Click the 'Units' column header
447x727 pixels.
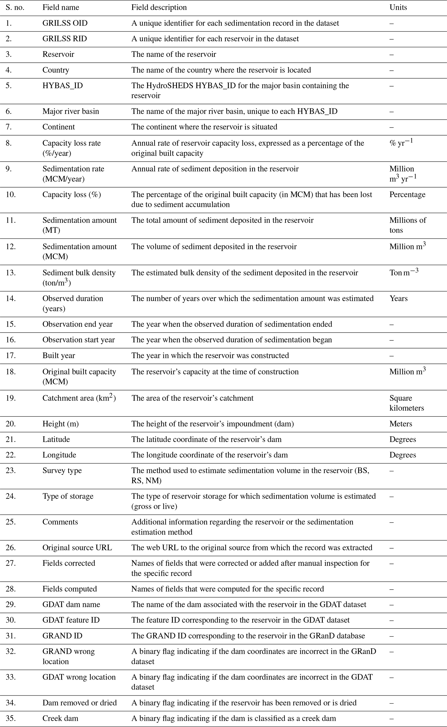(x=398, y=7)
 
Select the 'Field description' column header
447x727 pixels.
(x=159, y=7)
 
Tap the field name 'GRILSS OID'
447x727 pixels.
(x=65, y=23)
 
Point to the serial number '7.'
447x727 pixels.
(x=9, y=127)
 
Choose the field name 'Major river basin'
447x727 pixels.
(x=71, y=111)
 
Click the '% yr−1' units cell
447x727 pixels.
(x=401, y=143)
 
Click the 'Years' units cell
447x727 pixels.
(x=398, y=299)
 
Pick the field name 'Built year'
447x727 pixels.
(x=59, y=356)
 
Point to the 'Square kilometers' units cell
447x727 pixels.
(x=407, y=403)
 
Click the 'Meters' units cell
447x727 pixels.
(x=401, y=424)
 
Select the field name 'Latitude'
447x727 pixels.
(x=56, y=440)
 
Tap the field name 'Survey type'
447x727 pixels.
(x=62, y=471)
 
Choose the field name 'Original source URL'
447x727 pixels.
(x=77, y=548)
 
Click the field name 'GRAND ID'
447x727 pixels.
(x=62, y=636)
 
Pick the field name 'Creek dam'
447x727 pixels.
(x=60, y=718)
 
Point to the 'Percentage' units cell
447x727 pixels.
(x=407, y=194)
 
